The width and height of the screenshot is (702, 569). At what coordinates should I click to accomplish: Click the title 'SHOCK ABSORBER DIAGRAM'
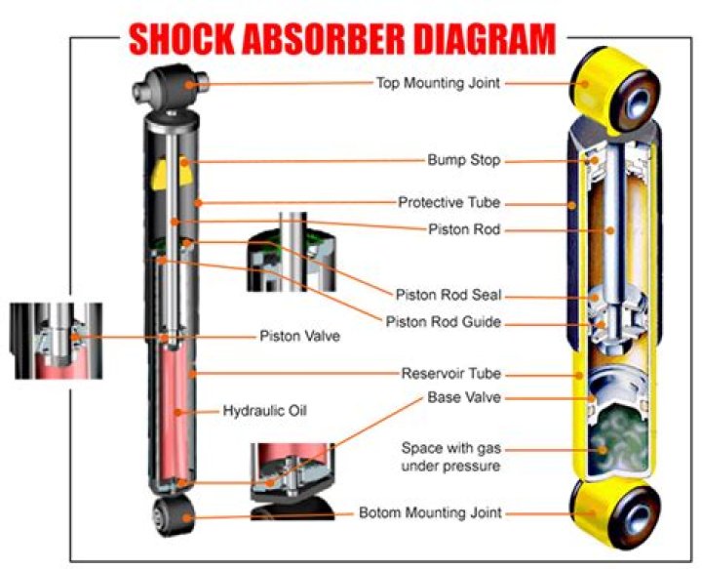(x=342, y=38)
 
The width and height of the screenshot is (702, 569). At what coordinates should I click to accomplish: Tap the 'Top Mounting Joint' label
(x=438, y=83)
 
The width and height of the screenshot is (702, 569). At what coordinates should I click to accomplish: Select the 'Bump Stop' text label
(x=463, y=160)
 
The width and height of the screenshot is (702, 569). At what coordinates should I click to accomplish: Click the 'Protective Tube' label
(x=448, y=202)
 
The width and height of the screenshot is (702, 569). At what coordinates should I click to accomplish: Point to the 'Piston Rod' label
(x=464, y=230)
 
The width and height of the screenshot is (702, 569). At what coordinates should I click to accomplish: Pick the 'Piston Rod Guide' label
(x=444, y=322)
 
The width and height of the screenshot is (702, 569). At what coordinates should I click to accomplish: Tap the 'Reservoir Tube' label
(x=450, y=374)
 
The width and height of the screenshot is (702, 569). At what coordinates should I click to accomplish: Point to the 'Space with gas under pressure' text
(x=451, y=457)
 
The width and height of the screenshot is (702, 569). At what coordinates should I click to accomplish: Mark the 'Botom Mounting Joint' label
(x=431, y=512)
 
